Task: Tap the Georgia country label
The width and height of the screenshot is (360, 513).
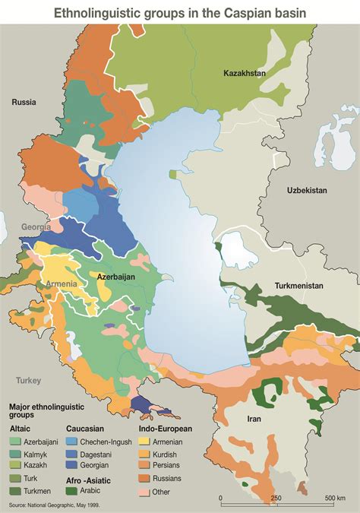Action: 36,226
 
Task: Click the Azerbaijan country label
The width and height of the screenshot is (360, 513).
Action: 116,277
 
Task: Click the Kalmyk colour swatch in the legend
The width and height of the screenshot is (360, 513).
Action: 15,453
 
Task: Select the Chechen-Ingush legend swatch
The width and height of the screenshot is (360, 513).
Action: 72,441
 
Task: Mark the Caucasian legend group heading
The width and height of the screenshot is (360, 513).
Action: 84,429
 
